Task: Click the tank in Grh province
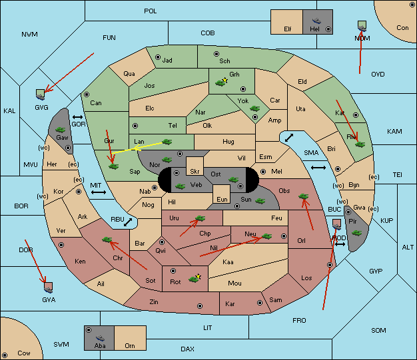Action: tap(220, 83)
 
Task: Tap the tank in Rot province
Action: tap(194, 279)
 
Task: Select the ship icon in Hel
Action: tap(316, 21)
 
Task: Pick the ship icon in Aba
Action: tap(100, 337)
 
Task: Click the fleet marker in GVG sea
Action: tap(41, 94)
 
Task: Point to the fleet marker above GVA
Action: tap(48, 287)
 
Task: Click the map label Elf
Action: tap(288, 29)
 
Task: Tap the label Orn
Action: tap(130, 345)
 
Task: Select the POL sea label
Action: tap(151, 11)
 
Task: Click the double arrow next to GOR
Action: tap(78, 117)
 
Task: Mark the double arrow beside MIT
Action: tap(99, 192)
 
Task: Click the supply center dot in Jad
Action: tap(158, 57)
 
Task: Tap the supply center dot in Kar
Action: tap(260, 303)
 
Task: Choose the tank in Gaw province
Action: tap(61, 130)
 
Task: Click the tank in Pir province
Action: tap(356, 233)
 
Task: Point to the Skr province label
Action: tap(195, 172)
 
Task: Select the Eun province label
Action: tap(222, 199)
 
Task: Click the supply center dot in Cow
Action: tap(5, 355)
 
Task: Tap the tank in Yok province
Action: tap(254, 108)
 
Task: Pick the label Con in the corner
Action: tap(402, 28)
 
